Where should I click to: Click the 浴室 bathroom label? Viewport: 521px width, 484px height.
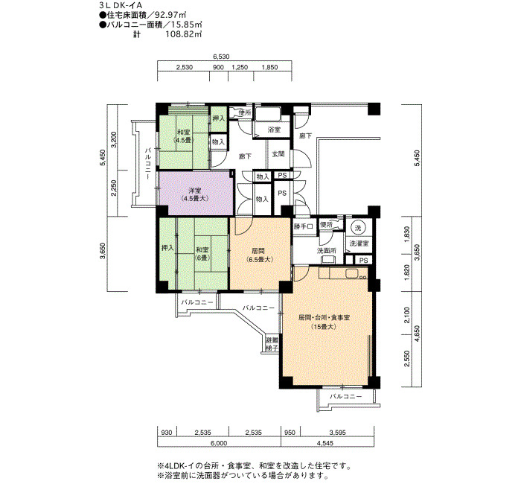[x=274, y=130]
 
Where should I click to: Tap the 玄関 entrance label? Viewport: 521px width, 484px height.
[x=278, y=154]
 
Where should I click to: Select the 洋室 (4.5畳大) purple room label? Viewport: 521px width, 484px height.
[x=195, y=194]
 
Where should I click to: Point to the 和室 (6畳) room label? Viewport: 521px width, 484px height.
[x=202, y=254]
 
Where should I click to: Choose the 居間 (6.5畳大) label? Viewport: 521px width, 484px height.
[x=260, y=255]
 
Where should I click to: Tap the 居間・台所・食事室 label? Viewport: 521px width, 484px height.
[x=324, y=318]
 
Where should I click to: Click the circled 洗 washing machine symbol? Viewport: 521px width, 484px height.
[x=358, y=228]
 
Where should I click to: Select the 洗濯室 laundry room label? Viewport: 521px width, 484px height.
[x=359, y=243]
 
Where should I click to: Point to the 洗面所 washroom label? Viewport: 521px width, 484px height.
[x=326, y=251]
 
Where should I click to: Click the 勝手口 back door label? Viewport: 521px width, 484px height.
[x=304, y=226]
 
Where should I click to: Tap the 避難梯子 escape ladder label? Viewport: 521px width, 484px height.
[x=272, y=344]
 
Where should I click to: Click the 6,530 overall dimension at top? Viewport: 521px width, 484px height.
[x=221, y=57]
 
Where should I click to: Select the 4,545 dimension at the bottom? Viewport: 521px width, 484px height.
[x=325, y=443]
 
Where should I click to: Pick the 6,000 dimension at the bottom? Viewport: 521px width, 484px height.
[x=220, y=443]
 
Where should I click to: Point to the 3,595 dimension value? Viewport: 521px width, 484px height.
[x=338, y=433]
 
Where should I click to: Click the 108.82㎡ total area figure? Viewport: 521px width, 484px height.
[x=184, y=34]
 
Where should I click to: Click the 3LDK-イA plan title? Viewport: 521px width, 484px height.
[x=121, y=6]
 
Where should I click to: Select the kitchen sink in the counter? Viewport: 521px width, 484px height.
[x=351, y=273]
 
